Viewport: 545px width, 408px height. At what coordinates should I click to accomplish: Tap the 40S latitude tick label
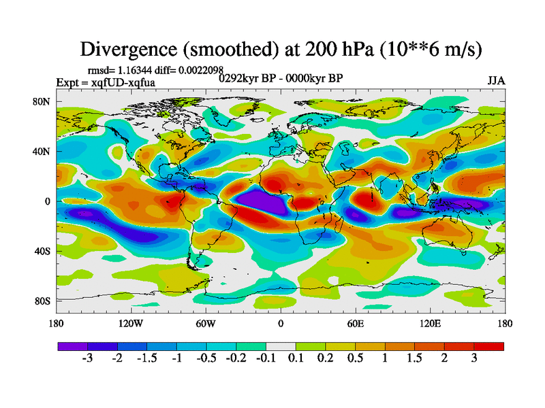(x=42, y=251)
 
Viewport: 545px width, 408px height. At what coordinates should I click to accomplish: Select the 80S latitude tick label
(x=42, y=301)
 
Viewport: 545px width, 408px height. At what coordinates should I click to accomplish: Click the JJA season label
(x=496, y=80)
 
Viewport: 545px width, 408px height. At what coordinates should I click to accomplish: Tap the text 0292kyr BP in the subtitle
(x=245, y=78)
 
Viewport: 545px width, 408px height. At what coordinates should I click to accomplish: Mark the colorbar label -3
(x=87, y=358)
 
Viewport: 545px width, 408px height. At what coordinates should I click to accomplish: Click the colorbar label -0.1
(x=266, y=358)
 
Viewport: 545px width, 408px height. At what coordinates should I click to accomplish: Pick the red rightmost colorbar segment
(x=489, y=346)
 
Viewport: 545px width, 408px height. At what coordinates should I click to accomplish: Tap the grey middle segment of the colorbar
(x=281, y=346)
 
